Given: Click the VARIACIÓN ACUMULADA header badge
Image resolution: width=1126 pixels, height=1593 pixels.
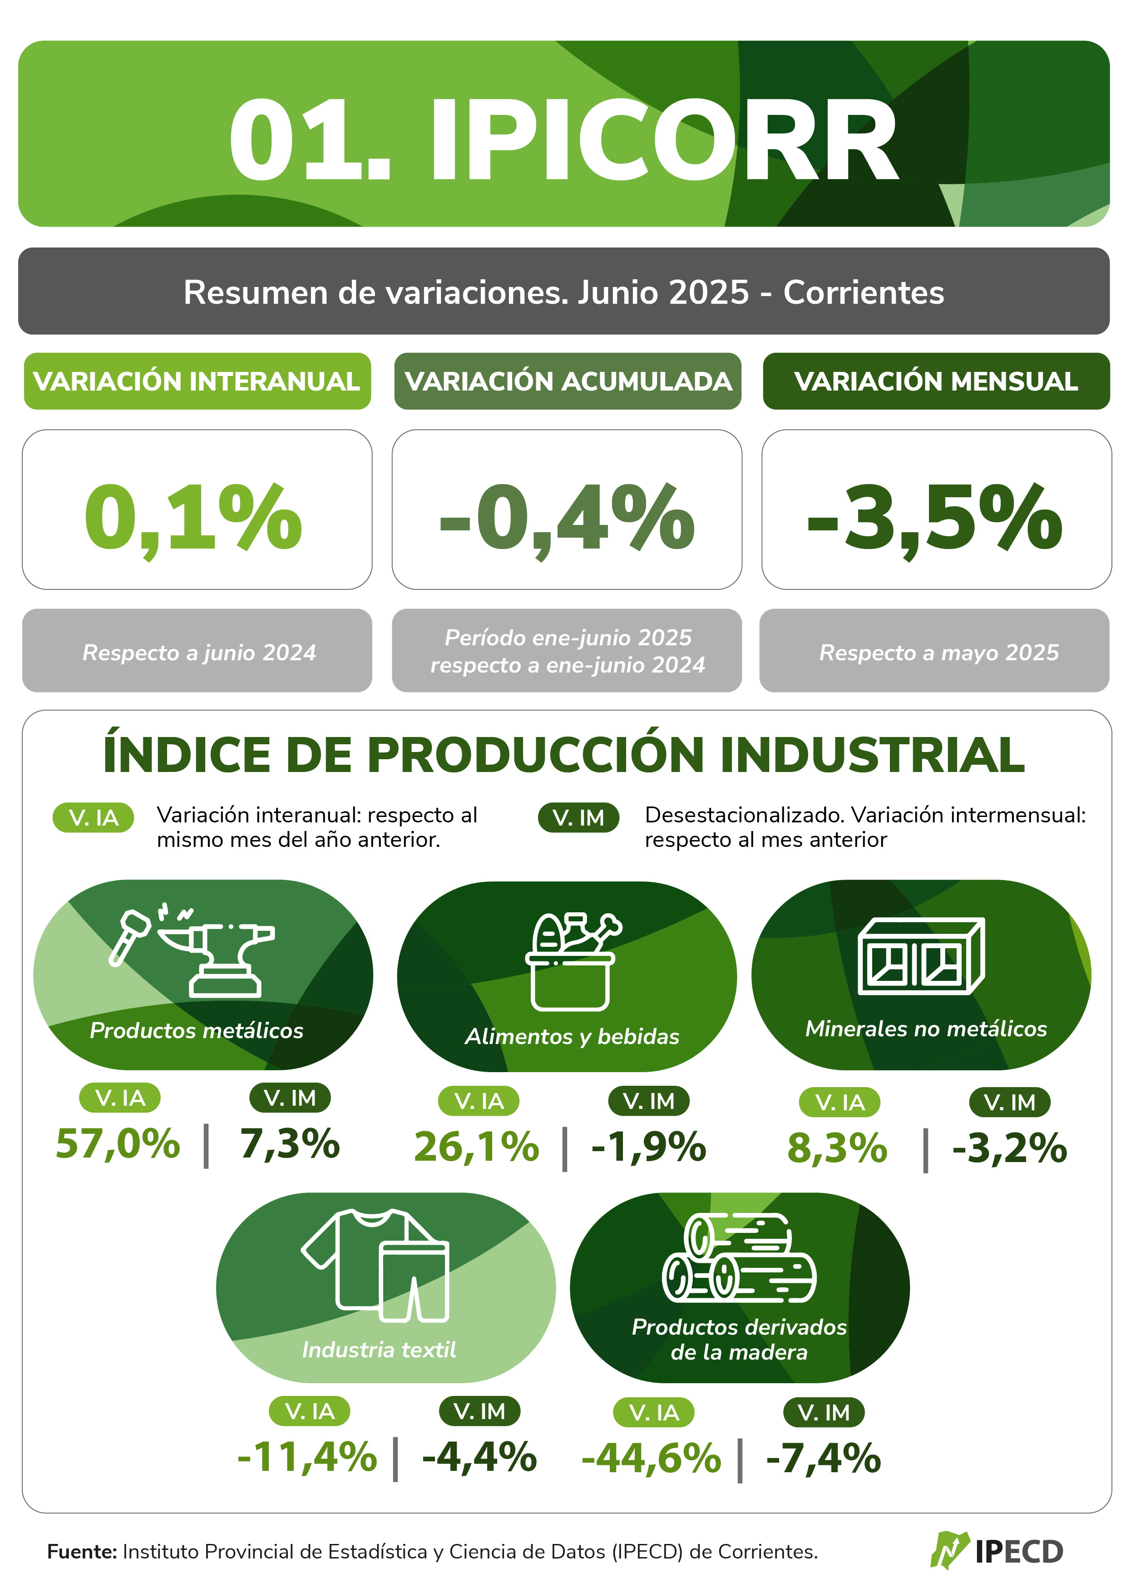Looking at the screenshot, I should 568,381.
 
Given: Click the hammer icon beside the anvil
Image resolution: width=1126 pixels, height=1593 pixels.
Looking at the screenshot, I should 129,937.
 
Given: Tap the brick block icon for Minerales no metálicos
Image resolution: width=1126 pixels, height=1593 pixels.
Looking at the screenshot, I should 921,955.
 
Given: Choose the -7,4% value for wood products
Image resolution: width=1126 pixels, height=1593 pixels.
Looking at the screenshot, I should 824,1458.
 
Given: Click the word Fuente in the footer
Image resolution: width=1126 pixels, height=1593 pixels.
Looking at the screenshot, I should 82,1551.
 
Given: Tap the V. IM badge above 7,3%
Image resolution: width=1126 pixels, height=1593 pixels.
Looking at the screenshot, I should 290,1098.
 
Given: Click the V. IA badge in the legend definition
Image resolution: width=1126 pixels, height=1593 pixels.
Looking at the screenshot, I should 93,818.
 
